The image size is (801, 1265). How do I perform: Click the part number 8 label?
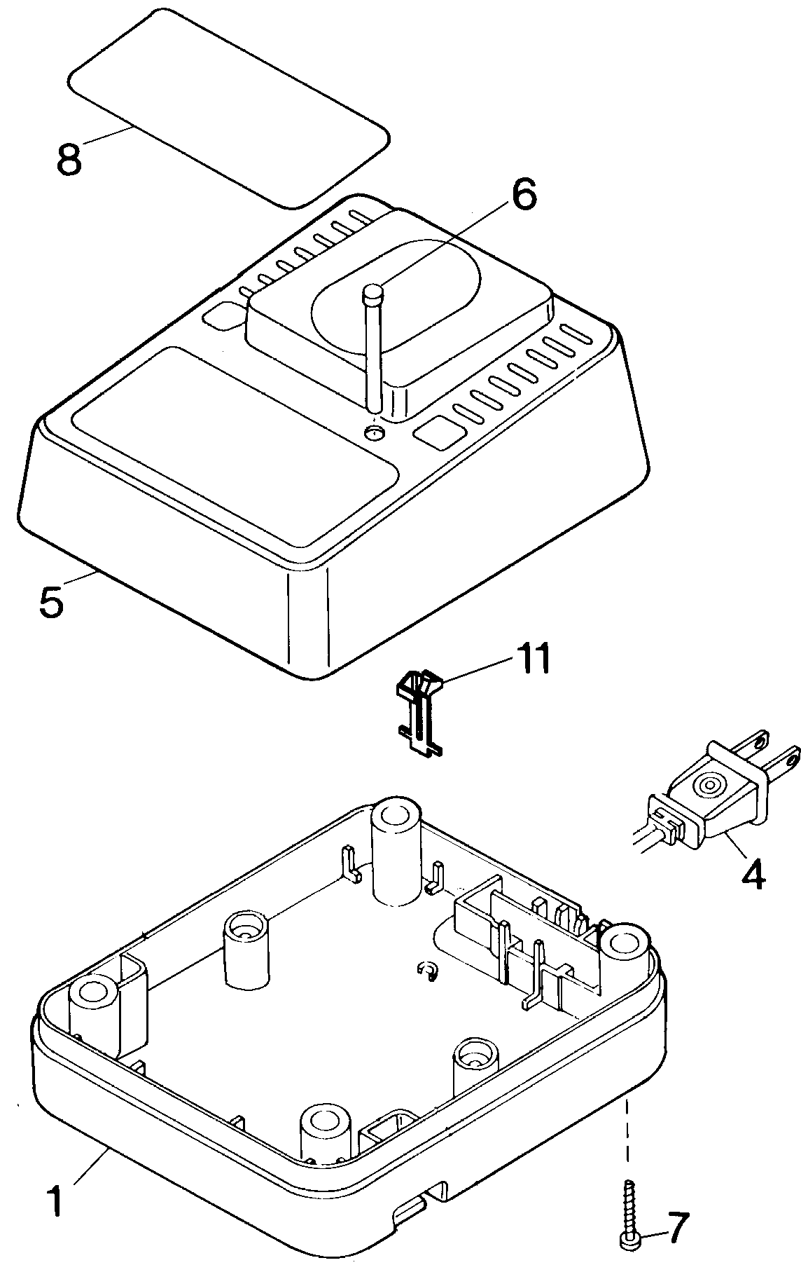click(69, 160)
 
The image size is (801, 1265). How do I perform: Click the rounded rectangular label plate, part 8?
click(228, 109)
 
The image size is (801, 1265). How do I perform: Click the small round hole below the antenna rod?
click(375, 432)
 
